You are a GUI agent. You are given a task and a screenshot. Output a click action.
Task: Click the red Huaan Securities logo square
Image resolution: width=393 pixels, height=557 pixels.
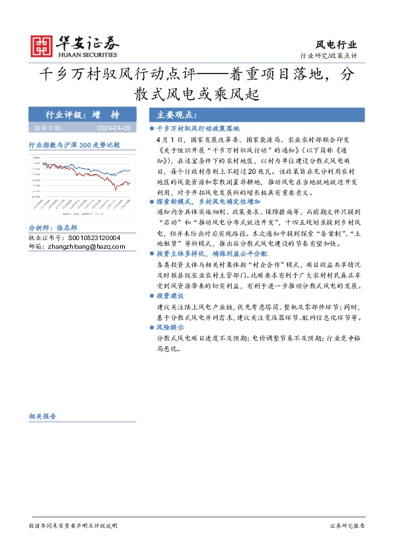(42, 45)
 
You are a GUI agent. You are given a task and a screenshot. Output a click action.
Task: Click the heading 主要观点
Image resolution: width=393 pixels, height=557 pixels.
(171, 114)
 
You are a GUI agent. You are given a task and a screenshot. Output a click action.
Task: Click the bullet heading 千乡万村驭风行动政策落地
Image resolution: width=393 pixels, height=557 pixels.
(198, 128)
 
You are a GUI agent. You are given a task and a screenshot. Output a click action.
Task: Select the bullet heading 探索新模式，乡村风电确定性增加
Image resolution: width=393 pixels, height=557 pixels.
(208, 200)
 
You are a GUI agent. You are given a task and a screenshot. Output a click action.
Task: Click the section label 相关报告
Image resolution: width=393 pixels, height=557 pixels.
(42, 416)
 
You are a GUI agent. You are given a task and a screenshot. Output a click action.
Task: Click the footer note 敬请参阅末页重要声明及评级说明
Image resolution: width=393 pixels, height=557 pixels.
(73, 525)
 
